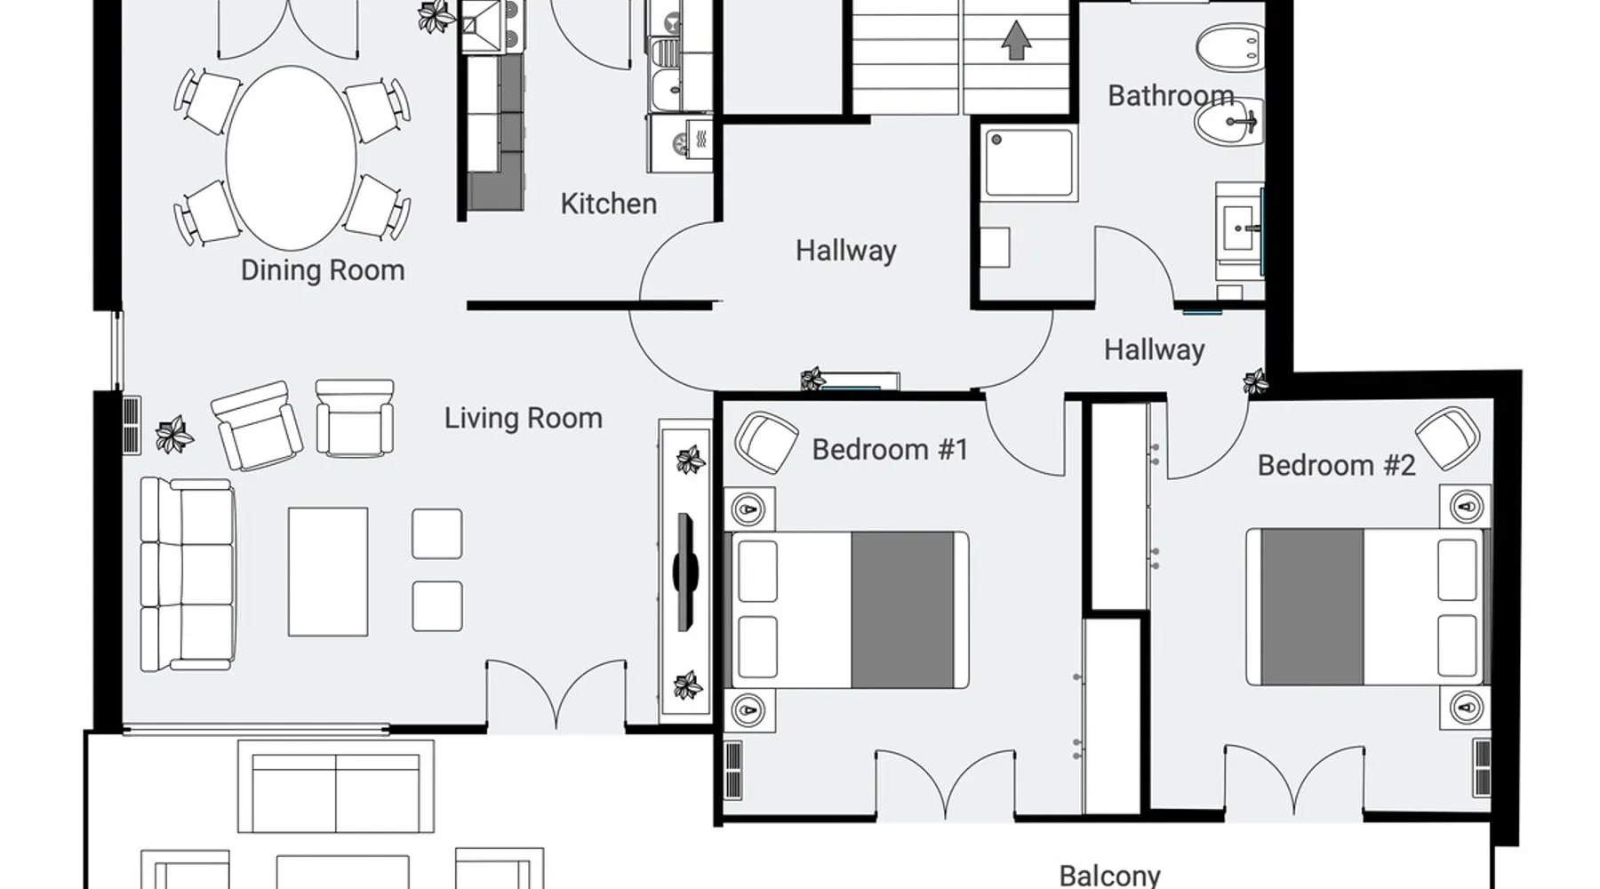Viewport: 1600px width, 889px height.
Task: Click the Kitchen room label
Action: tap(609, 204)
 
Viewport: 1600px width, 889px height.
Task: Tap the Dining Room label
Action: tap(323, 270)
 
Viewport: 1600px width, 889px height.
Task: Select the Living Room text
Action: tap(524, 418)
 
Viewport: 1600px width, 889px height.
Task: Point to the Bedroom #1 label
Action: tap(890, 449)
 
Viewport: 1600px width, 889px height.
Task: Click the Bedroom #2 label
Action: tap(1336, 465)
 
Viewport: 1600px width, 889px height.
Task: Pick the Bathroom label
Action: tap(1171, 95)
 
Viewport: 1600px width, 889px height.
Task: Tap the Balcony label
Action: tap(1110, 876)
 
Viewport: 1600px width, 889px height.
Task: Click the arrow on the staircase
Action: tap(1016, 40)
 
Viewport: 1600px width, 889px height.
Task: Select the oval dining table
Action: tap(292, 157)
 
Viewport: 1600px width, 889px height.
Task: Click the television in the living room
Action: tap(684, 572)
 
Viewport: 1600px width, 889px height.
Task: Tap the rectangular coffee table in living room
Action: tap(328, 572)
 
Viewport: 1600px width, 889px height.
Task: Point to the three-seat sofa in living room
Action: tap(188, 574)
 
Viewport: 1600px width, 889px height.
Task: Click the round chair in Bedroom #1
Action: tap(766, 442)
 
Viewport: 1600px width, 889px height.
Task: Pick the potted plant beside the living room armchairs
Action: tap(174, 435)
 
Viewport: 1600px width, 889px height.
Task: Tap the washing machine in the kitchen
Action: tap(681, 142)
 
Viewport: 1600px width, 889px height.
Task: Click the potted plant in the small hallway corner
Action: tap(1255, 382)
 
